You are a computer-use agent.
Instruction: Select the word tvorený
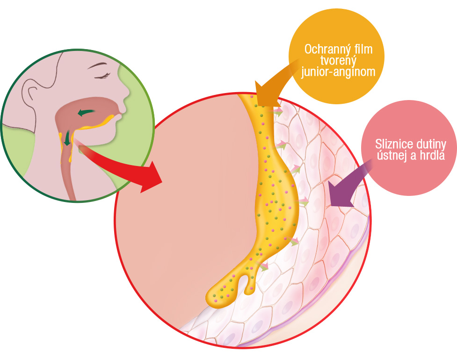[338, 61]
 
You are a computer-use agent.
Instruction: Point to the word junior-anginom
[338, 72]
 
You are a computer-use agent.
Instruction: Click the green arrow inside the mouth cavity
[86, 112]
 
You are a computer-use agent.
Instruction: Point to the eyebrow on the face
[98, 65]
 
